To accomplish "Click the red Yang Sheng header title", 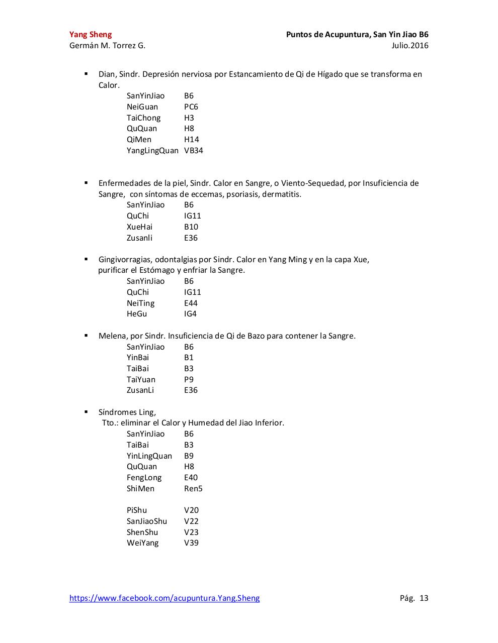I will tap(91, 35).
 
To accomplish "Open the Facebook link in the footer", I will tap(164, 598).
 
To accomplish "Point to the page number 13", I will tap(424, 598).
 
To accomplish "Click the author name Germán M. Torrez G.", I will tap(107, 46).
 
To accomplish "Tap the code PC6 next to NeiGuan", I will tap(191, 107).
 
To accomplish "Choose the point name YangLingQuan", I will tap(152, 151).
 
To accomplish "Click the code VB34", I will tap(194, 151).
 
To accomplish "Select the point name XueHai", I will tap(139, 227).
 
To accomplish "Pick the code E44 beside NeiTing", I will tap(191, 303).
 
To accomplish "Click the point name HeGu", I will tap(137, 314).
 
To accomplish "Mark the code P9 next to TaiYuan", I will tap(189, 380).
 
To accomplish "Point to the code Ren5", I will tap(193, 489).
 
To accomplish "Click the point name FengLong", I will tap(144, 478).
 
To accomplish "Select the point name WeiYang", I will tap(142, 543).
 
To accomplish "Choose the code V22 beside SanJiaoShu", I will tap(191, 521).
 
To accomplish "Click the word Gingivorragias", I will tap(125, 260).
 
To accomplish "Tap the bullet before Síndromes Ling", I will tap(86, 412).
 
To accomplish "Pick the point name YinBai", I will tap(138, 358).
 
